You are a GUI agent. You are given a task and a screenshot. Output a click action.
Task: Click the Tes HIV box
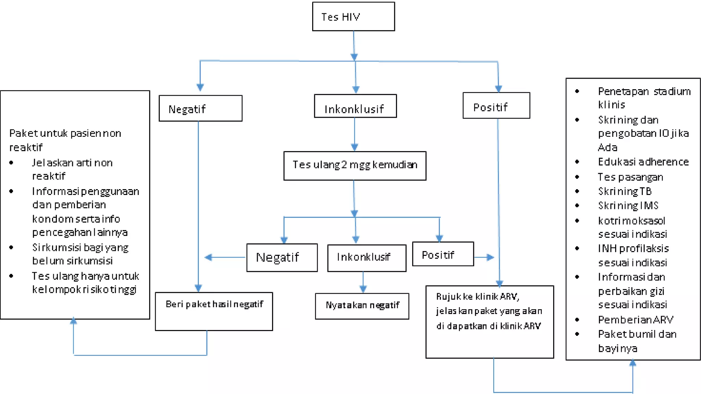[353, 16]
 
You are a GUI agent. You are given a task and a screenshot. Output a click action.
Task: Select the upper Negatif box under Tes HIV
[201, 108]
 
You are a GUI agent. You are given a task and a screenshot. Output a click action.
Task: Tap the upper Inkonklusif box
[355, 106]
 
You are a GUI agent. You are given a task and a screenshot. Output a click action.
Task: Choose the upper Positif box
[496, 106]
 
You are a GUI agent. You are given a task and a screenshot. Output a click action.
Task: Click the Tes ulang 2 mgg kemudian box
[355, 166]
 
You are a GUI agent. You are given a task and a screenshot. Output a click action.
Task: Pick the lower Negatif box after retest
[282, 258]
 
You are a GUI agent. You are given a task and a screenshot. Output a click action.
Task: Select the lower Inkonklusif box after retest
[367, 258]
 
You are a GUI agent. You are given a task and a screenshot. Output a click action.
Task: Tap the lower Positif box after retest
[443, 254]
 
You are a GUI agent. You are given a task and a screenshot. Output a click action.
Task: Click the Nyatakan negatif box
[362, 306]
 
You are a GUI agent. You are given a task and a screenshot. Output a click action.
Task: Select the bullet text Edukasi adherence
[643, 162]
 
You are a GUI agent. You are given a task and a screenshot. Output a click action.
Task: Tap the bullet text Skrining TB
[625, 191]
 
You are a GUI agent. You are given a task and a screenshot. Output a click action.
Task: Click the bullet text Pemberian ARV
[635, 319]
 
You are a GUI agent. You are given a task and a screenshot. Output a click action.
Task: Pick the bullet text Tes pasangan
[630, 177]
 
